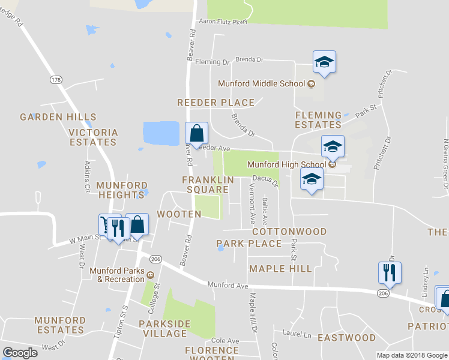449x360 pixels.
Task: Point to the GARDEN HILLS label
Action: [58, 117]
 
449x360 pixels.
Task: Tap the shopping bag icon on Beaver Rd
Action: [196, 132]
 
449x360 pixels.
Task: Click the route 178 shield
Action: [56, 79]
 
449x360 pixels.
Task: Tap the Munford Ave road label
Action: [228, 285]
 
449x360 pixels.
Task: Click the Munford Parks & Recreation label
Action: [117, 275]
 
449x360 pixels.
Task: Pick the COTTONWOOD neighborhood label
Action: [289, 232]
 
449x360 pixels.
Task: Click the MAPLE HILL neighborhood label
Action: [280, 269]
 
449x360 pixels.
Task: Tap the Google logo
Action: [20, 353]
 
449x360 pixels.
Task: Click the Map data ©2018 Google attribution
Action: [411, 355]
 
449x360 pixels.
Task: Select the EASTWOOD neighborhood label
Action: [346, 338]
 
